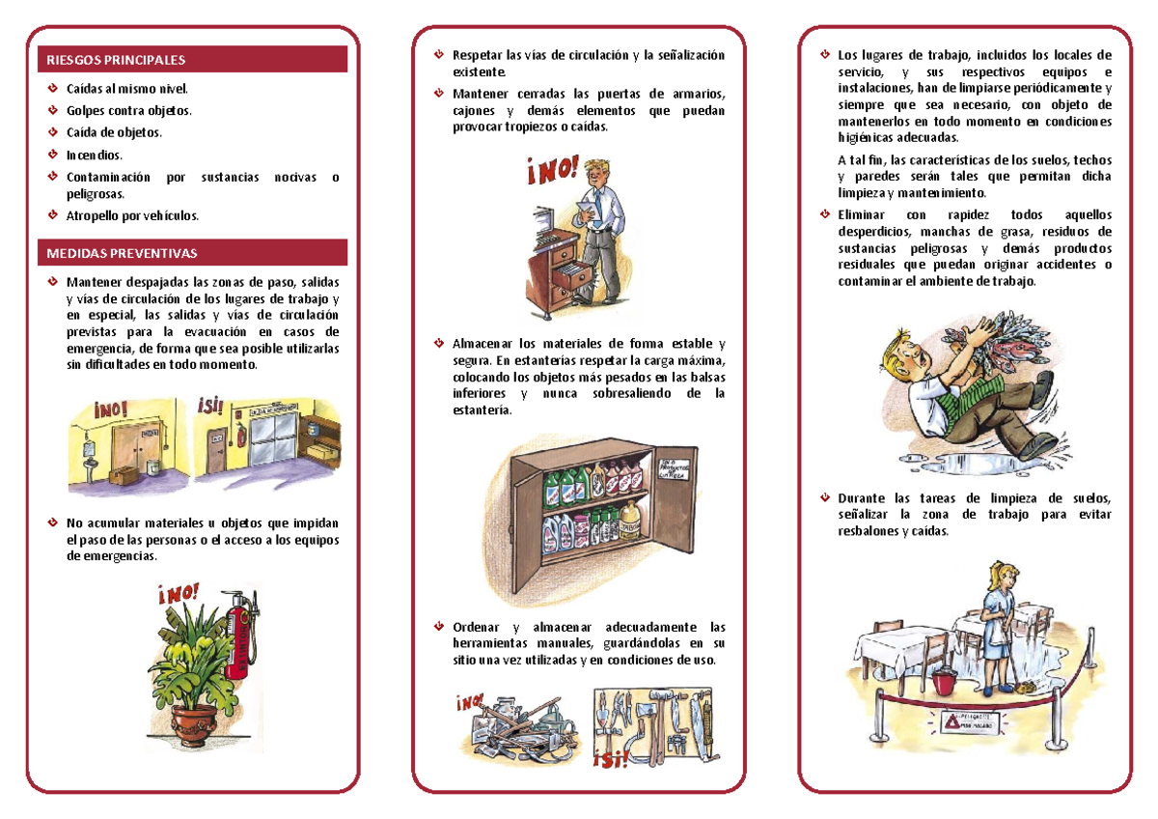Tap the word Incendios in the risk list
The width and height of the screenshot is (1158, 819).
point(95,155)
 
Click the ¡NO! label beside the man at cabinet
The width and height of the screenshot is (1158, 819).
point(553,173)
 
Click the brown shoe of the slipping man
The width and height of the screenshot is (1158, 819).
point(1036,447)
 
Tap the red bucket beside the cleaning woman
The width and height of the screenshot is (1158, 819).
point(946,683)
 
